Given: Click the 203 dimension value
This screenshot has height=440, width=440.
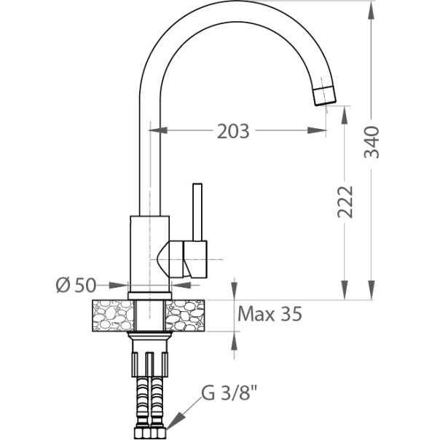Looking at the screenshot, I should click(x=233, y=132).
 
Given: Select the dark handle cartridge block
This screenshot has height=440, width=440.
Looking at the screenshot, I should click(x=195, y=259).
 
